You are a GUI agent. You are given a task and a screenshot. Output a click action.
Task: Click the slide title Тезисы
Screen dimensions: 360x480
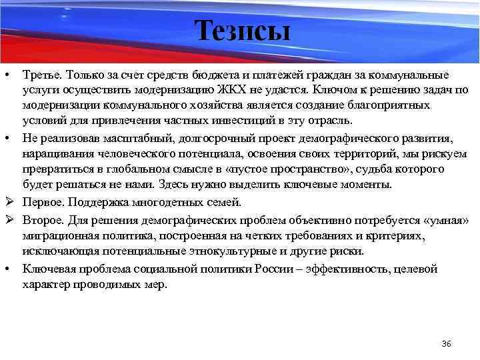[243, 31]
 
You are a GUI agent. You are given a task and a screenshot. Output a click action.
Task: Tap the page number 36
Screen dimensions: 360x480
[447, 343]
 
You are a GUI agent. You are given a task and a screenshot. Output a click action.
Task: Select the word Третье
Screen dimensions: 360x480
[41, 73]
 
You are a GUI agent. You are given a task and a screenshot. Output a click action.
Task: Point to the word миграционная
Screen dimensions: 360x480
[59, 235]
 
